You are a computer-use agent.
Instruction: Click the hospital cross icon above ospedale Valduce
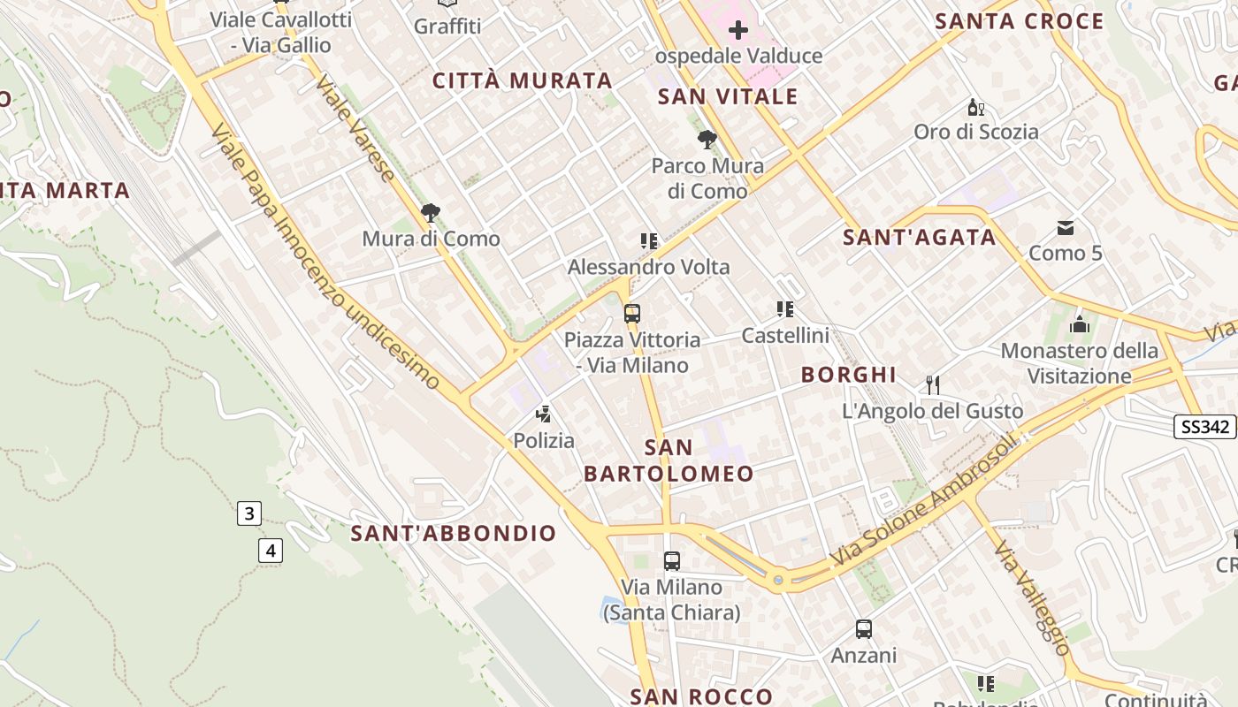click(x=737, y=32)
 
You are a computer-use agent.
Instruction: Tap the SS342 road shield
click(x=1204, y=427)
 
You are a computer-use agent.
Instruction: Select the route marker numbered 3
click(x=249, y=513)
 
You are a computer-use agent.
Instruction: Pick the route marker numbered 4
click(x=271, y=551)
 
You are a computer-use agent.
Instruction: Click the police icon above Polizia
click(x=544, y=414)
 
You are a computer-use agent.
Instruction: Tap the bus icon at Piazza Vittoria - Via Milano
click(x=631, y=313)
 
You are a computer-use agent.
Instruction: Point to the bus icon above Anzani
click(x=864, y=629)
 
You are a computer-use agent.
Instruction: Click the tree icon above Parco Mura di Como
click(x=707, y=139)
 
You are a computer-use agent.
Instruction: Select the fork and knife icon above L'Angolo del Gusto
click(x=932, y=384)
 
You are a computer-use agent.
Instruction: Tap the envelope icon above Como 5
click(x=1066, y=228)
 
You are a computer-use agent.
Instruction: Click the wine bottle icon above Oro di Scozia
click(x=976, y=108)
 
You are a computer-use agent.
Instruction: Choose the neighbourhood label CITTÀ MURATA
click(x=523, y=81)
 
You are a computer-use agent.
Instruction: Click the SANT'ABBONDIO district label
click(x=454, y=534)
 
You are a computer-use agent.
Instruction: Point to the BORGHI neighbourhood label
click(x=849, y=375)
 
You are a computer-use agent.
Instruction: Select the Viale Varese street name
click(x=355, y=129)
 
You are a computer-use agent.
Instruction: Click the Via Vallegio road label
click(x=1032, y=599)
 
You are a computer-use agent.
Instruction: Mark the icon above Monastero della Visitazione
click(x=1079, y=324)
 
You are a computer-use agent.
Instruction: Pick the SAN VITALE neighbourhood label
click(x=728, y=97)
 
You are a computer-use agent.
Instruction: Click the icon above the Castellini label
click(x=784, y=309)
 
